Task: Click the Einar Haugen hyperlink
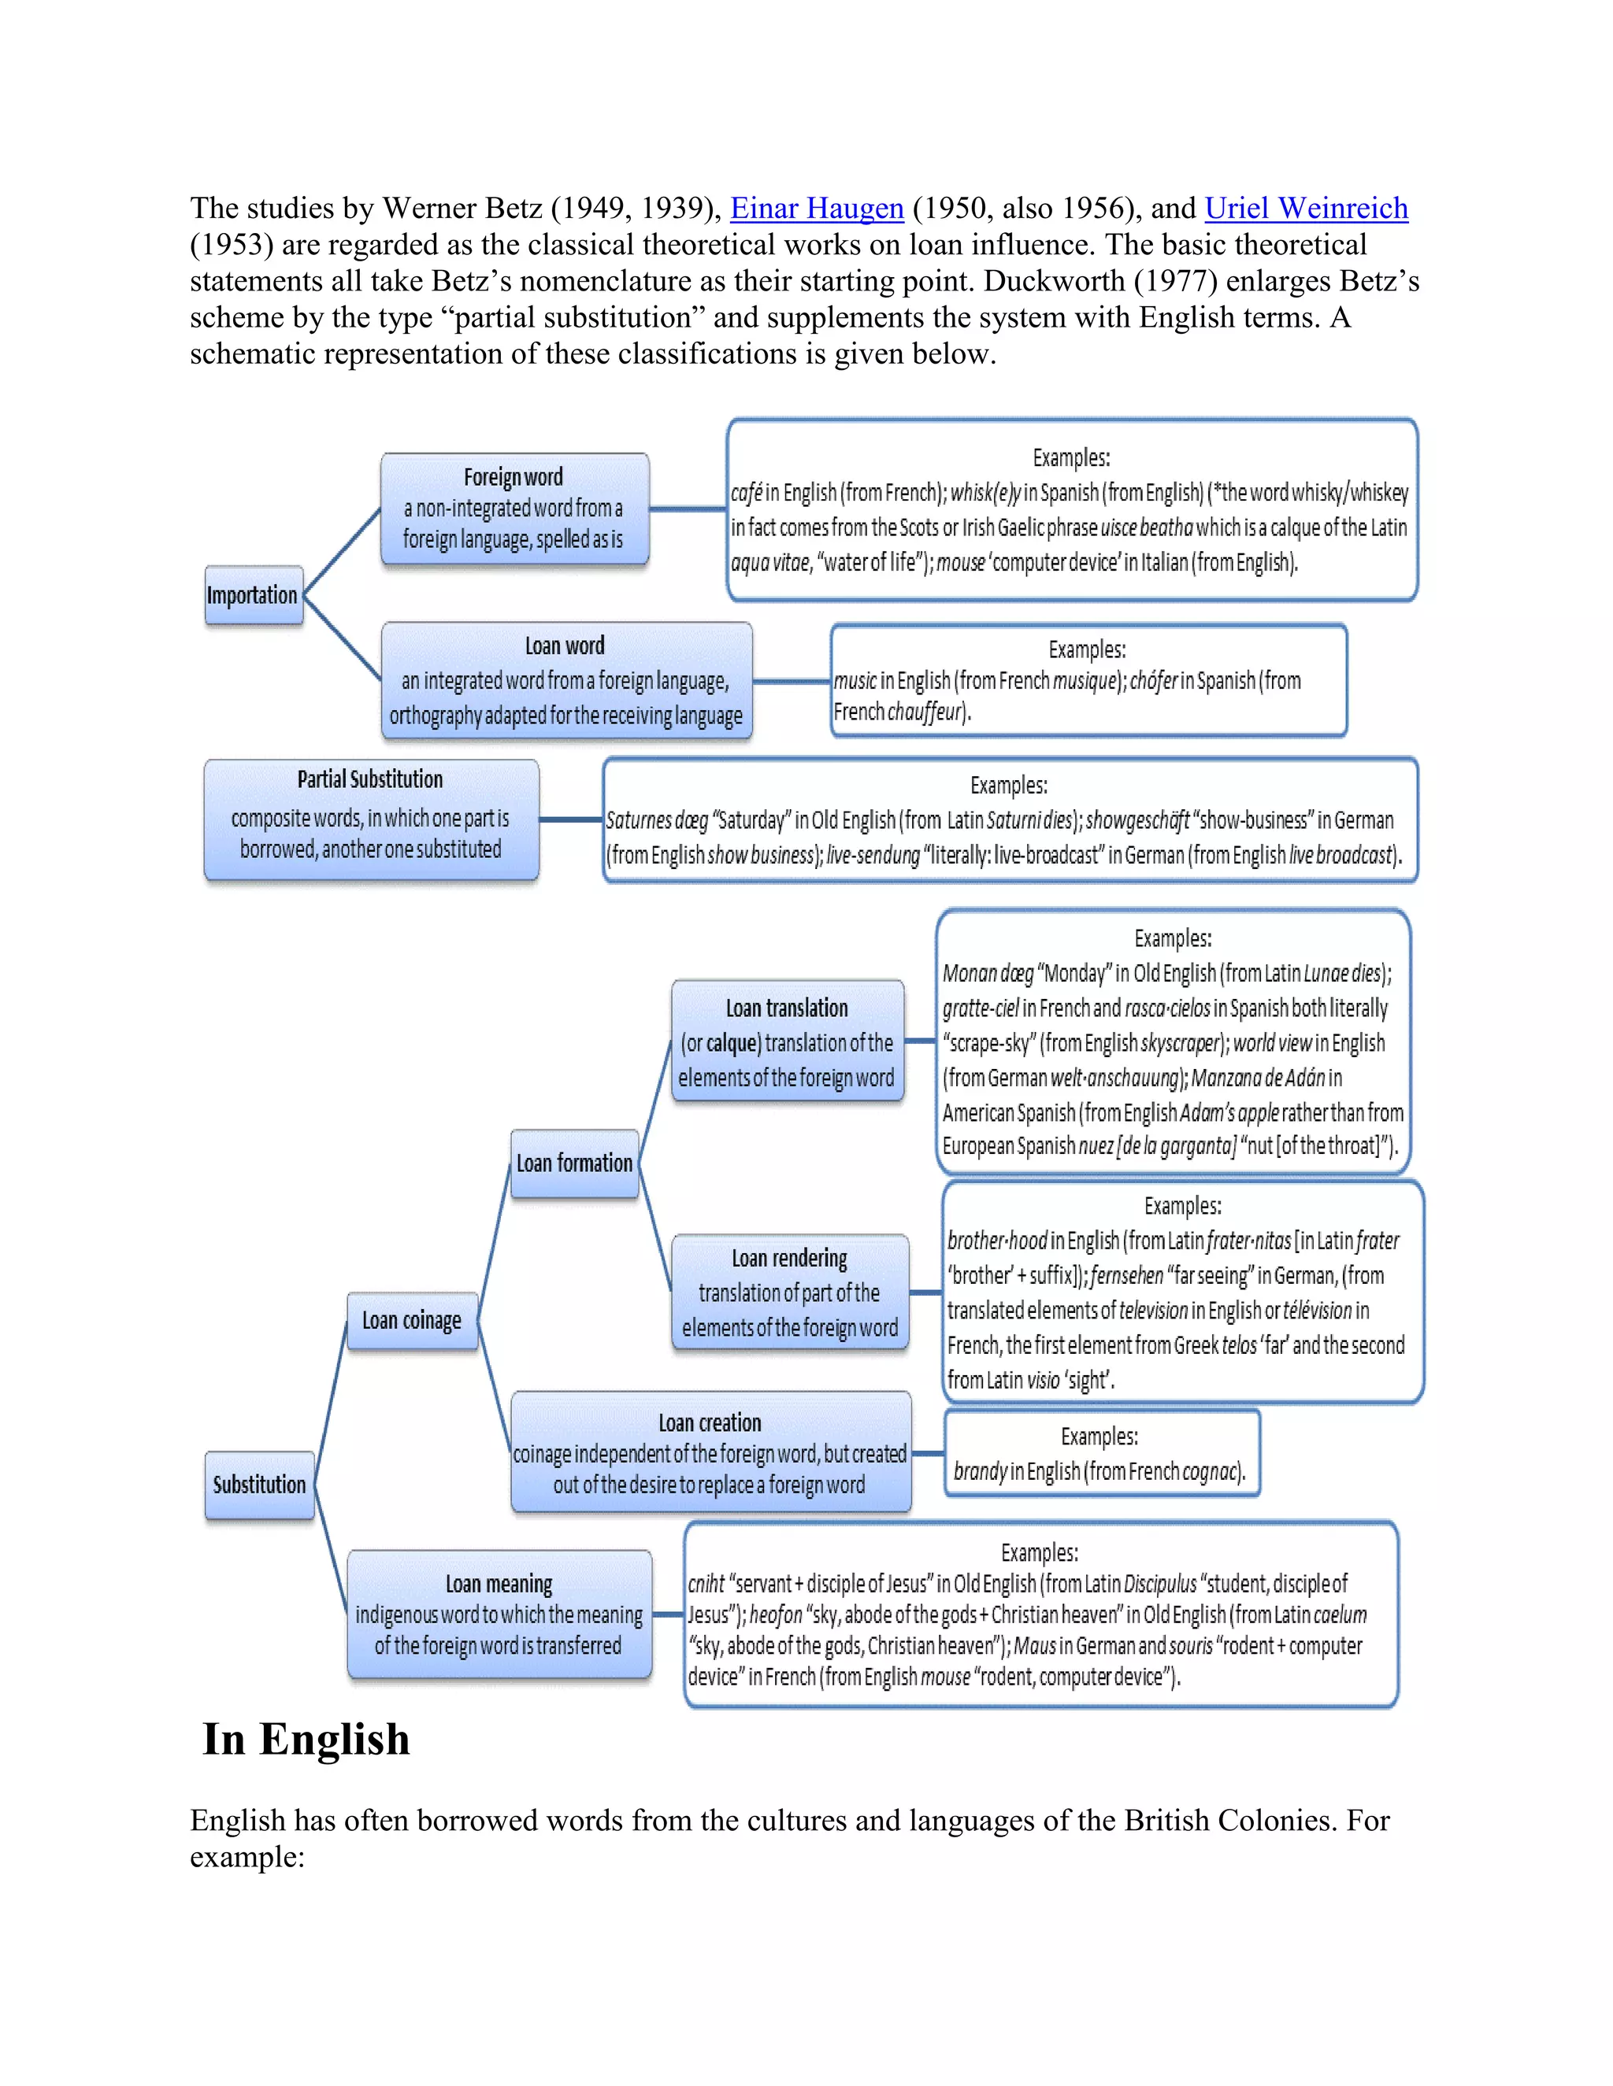coord(816,209)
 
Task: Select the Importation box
coord(254,595)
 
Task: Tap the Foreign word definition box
coord(514,509)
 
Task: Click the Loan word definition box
coord(565,680)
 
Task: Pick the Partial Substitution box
coord(371,819)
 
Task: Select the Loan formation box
coord(574,1163)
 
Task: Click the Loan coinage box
coord(412,1320)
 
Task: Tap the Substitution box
coord(259,1485)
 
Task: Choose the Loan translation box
coord(787,1041)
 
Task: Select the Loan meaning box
coord(499,1614)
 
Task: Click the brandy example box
coord(1101,1453)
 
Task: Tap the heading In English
coord(306,1740)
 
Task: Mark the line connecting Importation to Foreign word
coord(341,551)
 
